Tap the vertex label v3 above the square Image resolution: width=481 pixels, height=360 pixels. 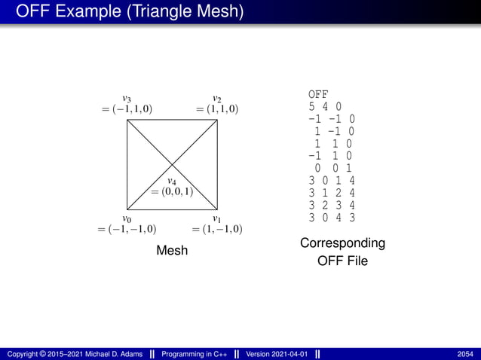click(127, 98)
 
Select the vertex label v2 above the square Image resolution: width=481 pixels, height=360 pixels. click(217, 98)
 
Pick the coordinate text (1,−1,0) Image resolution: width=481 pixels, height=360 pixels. click(217, 229)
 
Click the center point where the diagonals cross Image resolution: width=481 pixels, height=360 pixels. click(173, 164)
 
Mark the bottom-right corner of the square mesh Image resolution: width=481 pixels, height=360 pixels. click(219, 209)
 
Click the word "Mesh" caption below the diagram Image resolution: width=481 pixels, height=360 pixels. click(172, 250)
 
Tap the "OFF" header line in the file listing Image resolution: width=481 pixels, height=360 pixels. click(318, 94)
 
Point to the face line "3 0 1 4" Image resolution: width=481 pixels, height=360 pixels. click(332, 180)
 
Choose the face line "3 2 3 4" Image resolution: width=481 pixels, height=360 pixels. click(332, 204)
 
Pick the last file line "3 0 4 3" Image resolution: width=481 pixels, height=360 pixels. click(332, 217)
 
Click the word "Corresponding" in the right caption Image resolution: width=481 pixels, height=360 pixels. click(342, 243)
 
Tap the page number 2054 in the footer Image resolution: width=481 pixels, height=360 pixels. click(464, 354)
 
